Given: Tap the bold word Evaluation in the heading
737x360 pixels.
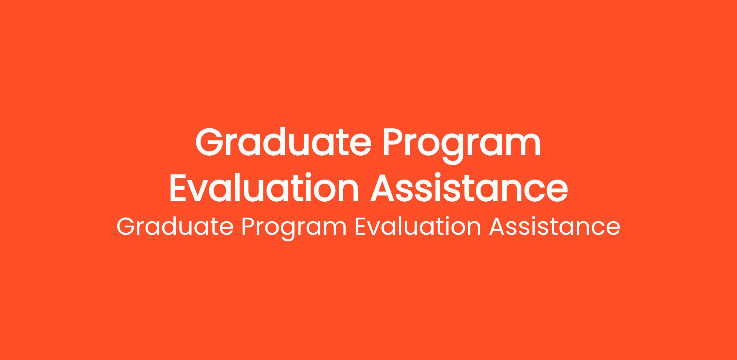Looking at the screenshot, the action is click(264, 188).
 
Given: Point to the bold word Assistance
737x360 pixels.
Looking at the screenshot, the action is click(469, 188).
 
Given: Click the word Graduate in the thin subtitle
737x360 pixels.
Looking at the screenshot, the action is click(175, 227).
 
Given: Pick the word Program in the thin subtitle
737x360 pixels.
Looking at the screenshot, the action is click(294, 229).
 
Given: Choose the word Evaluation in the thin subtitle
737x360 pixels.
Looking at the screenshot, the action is click(418, 227).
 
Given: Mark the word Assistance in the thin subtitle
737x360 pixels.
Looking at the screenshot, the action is click(555, 227).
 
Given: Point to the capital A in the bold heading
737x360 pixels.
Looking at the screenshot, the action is click(384, 188).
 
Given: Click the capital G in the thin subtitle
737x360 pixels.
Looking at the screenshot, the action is click(126, 227).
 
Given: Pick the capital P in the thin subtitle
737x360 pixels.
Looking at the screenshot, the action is click(249, 227).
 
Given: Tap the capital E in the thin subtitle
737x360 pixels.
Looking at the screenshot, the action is click(361, 227).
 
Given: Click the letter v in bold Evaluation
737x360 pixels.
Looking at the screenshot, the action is click(201, 192).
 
